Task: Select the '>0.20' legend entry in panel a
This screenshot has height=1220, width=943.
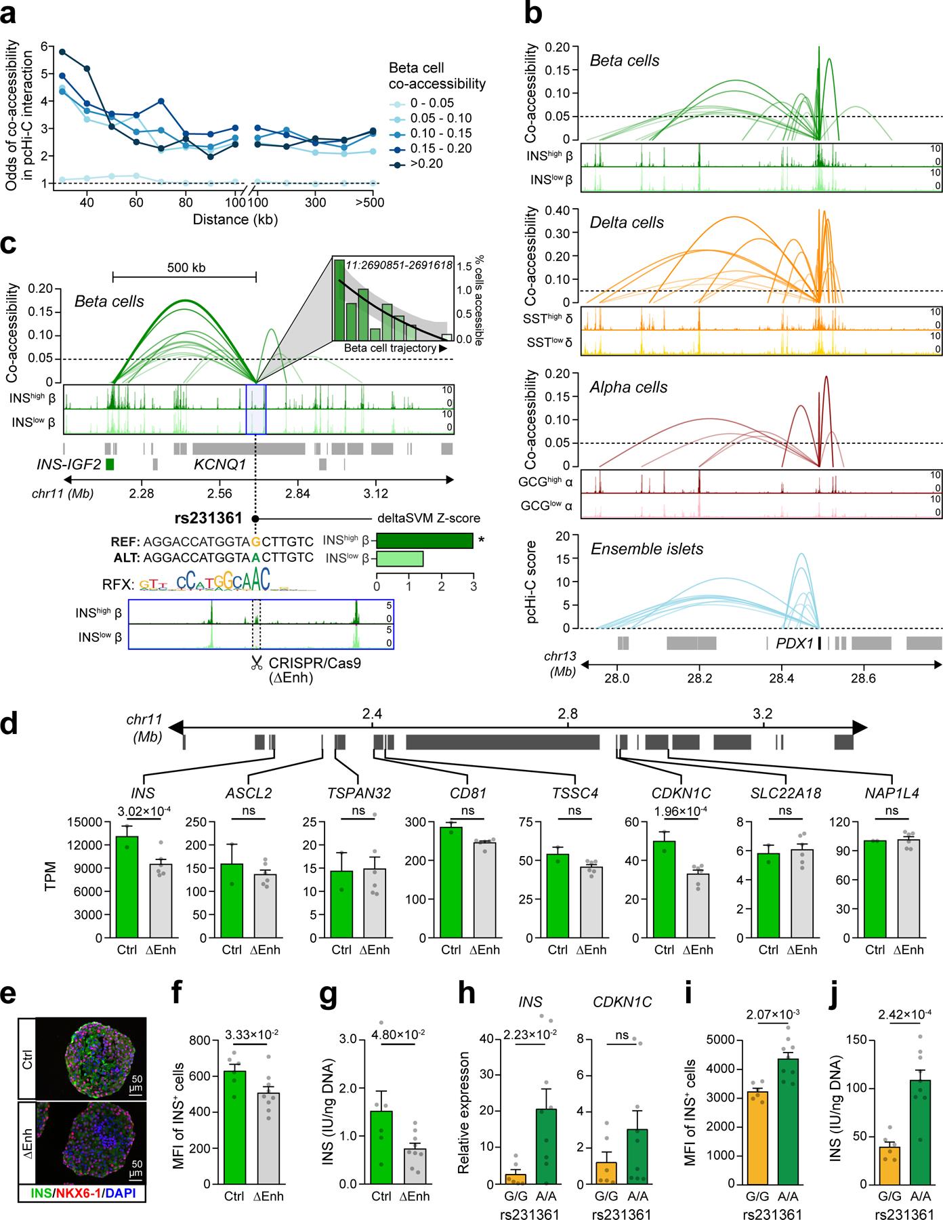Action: [x=429, y=163]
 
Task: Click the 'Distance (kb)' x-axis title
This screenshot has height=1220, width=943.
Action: [x=235, y=220]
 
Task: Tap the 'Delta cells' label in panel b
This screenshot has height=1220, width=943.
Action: [x=627, y=223]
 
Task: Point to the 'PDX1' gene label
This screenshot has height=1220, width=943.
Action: [x=794, y=643]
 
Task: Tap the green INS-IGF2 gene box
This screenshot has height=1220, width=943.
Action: [x=110, y=465]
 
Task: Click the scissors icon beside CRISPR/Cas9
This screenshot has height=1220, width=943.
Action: [x=256, y=663]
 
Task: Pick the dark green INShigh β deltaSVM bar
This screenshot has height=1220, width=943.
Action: [x=424, y=541]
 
